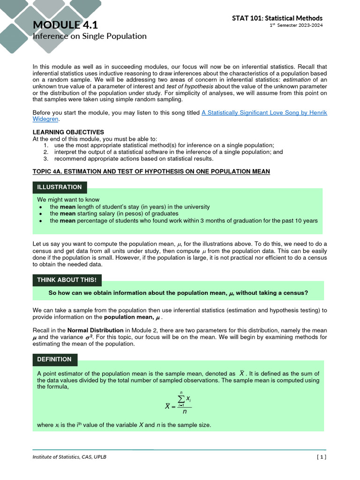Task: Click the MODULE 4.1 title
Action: (65, 25)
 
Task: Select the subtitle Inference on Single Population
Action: (89, 36)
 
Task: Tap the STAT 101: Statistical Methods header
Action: (277, 18)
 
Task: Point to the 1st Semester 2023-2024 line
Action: (296, 25)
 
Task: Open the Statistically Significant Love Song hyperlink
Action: (264, 112)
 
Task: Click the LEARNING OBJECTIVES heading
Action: (68, 132)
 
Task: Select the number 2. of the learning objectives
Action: (46, 152)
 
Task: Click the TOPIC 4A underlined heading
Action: (151, 172)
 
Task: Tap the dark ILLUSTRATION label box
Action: (59, 187)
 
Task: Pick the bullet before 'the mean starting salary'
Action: (41, 214)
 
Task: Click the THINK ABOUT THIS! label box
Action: (67, 280)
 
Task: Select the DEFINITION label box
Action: (54, 359)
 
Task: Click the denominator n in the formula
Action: (185, 412)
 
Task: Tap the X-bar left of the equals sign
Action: (167, 406)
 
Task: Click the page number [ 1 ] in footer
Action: (321, 457)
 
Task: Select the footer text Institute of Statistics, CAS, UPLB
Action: (69, 457)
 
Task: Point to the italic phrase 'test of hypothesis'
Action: (188, 86)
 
